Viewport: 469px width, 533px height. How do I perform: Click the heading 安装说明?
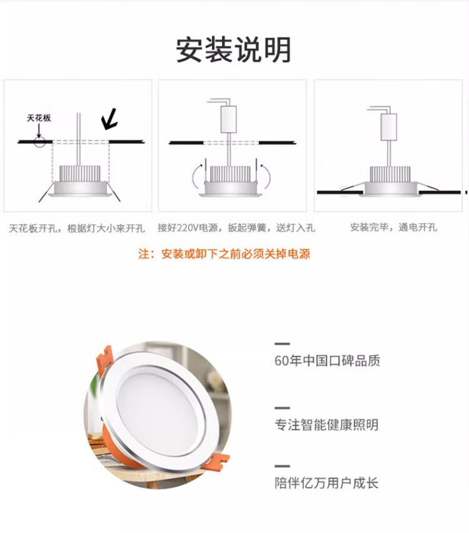(x=234, y=49)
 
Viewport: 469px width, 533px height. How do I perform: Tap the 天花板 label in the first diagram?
(x=39, y=118)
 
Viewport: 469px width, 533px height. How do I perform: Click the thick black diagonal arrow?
(x=109, y=119)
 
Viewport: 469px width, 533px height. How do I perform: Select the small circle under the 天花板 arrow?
(x=39, y=142)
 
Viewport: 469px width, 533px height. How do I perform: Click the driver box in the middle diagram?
(x=228, y=119)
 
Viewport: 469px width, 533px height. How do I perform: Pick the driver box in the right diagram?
(x=388, y=127)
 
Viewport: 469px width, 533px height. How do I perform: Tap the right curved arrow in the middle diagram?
(x=266, y=177)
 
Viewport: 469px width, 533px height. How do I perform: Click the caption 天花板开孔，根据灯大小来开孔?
(x=77, y=229)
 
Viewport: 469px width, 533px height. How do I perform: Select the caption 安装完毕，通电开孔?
(x=394, y=227)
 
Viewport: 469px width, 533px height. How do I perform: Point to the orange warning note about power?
(x=224, y=254)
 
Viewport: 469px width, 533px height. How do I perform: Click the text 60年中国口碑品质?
(x=327, y=361)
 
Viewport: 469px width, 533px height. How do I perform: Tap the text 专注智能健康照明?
(x=326, y=425)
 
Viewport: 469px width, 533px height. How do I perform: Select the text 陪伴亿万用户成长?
(x=326, y=483)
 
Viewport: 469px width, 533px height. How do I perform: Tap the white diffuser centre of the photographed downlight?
(x=158, y=407)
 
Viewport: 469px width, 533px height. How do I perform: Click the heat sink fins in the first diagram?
(x=80, y=173)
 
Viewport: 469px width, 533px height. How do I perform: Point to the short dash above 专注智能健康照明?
(x=282, y=408)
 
